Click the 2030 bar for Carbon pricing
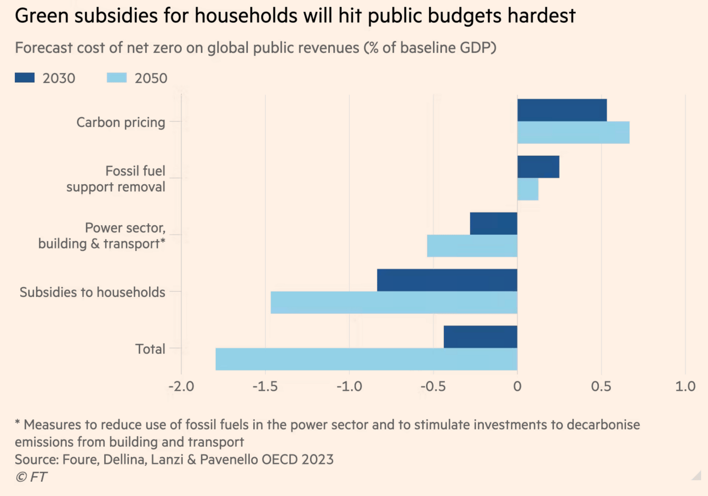point(562,110)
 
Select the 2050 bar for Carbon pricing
point(573,133)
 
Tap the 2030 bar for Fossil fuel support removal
point(538,167)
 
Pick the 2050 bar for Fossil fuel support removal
point(528,189)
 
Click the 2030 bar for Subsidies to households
point(447,280)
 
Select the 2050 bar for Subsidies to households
point(394,303)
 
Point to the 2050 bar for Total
point(367,359)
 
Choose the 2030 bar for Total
point(481,337)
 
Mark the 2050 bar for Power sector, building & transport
point(472,246)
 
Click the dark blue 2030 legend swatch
point(25,78)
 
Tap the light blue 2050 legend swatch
point(116,78)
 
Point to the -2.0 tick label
point(181,386)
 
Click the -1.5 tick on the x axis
point(265,386)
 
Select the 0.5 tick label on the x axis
point(602,386)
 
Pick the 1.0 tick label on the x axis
point(686,386)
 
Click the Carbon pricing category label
point(121,122)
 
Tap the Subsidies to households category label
point(92,292)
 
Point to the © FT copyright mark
point(31,477)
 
